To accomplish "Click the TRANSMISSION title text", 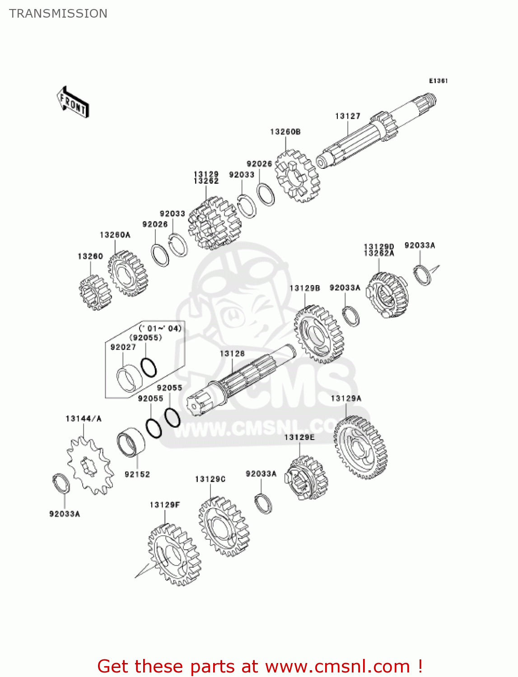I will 58,14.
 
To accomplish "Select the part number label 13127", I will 347,116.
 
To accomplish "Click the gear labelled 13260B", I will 297,176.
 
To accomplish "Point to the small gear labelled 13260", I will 95,292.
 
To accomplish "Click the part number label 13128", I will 232,353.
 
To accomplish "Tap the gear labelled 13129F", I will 173,554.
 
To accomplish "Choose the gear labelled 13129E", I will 306,478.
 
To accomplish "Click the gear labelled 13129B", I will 319,334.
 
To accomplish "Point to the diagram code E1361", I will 438,81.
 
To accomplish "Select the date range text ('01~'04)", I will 160,328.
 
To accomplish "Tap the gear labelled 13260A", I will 128,274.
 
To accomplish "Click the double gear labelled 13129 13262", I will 214,223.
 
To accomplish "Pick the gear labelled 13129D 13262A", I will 388,295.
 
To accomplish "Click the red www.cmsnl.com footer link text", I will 337,666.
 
